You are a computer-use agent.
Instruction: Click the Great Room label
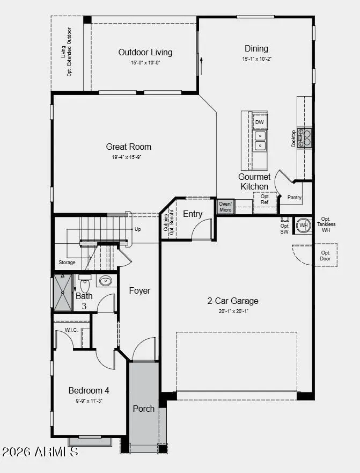[x=129, y=147]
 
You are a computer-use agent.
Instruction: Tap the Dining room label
[x=256, y=49]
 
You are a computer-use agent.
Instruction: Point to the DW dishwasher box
[x=260, y=122]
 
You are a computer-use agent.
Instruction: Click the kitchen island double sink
[x=260, y=141]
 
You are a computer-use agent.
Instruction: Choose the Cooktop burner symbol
[x=305, y=138]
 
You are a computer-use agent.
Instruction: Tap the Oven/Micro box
[x=225, y=206]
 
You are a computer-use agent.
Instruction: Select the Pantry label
[x=295, y=198]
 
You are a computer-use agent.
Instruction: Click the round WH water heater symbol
[x=304, y=225]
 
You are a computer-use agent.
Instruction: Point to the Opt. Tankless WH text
[x=326, y=224]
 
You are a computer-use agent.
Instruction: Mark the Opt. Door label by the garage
[x=326, y=256]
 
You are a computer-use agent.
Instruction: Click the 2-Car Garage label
[x=233, y=301]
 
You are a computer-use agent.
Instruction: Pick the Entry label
[x=193, y=214]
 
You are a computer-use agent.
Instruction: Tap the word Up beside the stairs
[x=138, y=229]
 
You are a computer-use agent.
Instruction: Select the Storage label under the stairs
[x=67, y=263]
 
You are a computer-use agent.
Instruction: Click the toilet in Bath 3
[x=85, y=282]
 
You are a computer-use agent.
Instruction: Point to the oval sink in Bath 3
[x=105, y=281]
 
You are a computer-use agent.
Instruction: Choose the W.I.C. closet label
[x=71, y=330]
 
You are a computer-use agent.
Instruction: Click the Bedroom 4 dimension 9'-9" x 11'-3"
[x=89, y=401]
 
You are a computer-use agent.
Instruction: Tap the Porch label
[x=144, y=409]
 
